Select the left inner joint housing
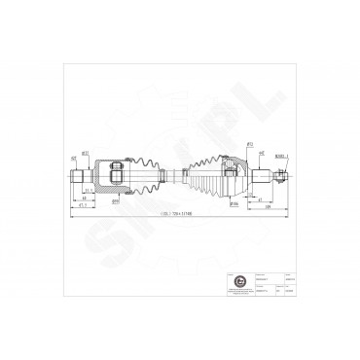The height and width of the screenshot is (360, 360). click(113, 175)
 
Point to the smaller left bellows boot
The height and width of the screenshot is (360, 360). click(142, 176)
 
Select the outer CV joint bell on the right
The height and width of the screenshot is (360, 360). click(237, 176)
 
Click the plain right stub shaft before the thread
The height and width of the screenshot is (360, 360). click(265, 176)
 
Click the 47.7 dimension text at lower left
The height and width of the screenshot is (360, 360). click(86, 205)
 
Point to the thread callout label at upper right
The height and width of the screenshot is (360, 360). click(280, 153)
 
